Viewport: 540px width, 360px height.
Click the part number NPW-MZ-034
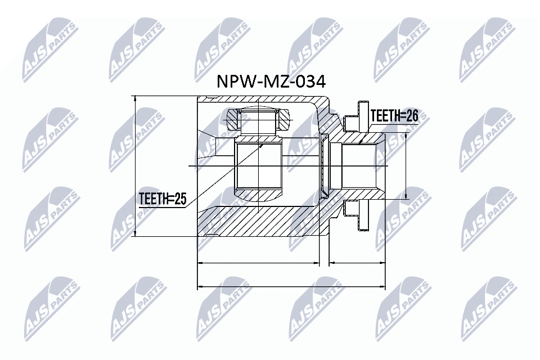pyautogui.click(x=271, y=83)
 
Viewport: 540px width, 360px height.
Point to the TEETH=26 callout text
pyautogui.click(x=394, y=116)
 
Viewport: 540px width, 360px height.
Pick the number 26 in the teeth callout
pyautogui.click(x=412, y=116)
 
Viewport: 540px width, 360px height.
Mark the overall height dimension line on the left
pyautogui.click(x=135, y=166)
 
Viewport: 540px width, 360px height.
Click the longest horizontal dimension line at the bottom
pyautogui.click(x=292, y=286)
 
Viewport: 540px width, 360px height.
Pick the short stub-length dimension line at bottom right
pyautogui.click(x=358, y=262)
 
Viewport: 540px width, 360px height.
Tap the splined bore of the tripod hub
pyautogui.click(x=258, y=166)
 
